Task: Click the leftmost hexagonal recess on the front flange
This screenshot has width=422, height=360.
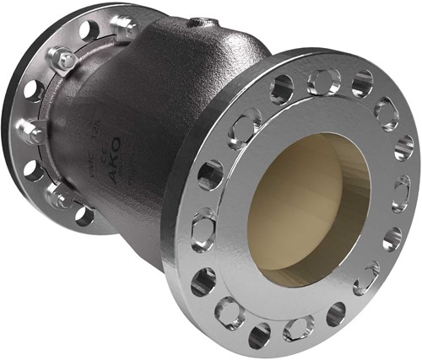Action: (x=202, y=228)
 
